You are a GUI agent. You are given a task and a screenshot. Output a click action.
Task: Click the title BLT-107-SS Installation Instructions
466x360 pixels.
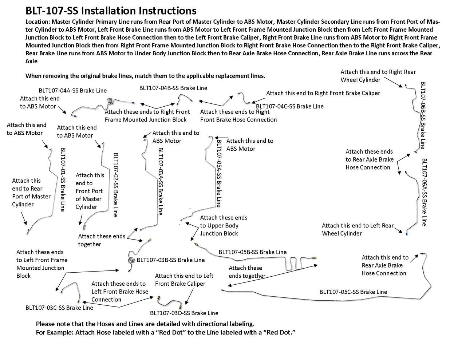click(111, 11)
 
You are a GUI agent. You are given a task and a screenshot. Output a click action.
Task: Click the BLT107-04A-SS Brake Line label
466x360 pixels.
click(73, 90)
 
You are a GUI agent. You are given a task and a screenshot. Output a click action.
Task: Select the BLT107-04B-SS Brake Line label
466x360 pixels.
click(173, 88)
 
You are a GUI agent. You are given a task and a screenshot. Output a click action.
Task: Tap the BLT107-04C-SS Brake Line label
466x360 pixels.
click(290, 106)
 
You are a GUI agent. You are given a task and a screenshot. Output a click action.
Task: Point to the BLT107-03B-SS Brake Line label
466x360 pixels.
click(170, 260)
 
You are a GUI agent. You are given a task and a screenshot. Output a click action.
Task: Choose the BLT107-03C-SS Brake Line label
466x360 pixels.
click(59, 308)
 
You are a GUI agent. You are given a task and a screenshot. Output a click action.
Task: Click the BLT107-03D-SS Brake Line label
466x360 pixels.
click(184, 313)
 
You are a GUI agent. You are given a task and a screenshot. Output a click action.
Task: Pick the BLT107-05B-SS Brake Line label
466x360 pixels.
click(253, 252)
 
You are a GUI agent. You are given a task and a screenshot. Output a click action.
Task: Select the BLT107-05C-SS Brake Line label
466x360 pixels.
click(353, 292)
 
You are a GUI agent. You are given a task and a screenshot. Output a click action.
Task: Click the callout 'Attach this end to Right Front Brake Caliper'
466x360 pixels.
click(323, 93)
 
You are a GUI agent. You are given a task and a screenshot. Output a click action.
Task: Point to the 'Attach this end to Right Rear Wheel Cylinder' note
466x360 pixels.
click(378, 76)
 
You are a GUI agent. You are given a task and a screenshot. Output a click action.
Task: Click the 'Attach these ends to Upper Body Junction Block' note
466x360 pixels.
click(224, 225)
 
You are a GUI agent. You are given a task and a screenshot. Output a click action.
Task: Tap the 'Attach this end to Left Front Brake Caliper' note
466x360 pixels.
click(184, 280)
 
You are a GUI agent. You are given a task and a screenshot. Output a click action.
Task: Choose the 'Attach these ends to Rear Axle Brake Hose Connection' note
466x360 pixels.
click(370, 159)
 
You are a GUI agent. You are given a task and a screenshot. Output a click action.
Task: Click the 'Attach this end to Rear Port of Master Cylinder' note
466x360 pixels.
click(31, 192)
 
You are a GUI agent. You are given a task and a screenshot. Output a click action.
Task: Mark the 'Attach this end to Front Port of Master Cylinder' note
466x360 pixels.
click(89, 191)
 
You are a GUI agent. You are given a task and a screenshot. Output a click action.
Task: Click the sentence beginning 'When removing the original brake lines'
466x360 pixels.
click(145, 76)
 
